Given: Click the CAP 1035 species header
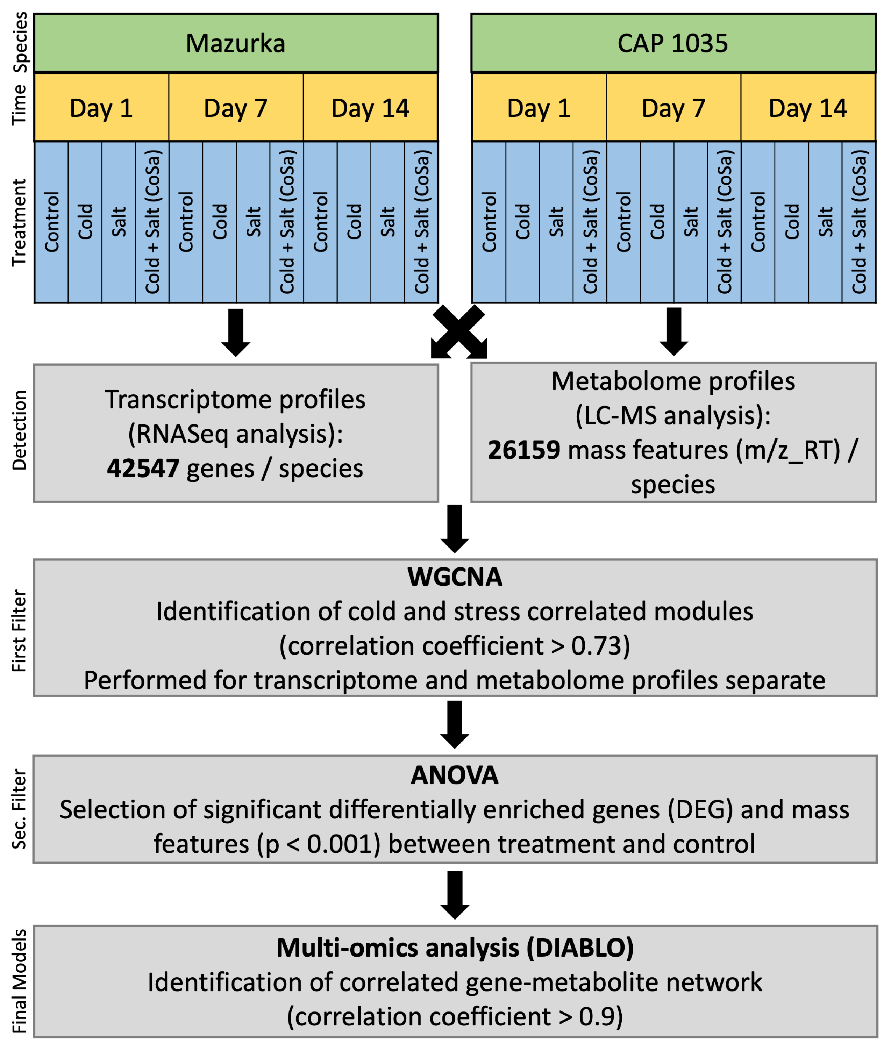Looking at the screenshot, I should (x=673, y=43).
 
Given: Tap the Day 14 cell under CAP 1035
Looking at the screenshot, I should (x=808, y=108).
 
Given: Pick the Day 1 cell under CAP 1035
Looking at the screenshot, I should (x=539, y=108).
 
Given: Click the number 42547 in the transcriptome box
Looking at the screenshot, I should (x=143, y=468).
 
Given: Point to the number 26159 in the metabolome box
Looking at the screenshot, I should (x=524, y=450).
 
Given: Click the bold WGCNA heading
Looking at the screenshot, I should (x=455, y=577).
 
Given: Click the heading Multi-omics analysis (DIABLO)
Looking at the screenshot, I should (x=455, y=948).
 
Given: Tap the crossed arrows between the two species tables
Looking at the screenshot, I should (x=459, y=332).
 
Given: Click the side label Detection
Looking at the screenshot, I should (x=19, y=430).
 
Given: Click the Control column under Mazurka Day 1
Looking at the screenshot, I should (x=51, y=222).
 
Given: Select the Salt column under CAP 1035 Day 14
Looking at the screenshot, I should (x=825, y=222).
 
